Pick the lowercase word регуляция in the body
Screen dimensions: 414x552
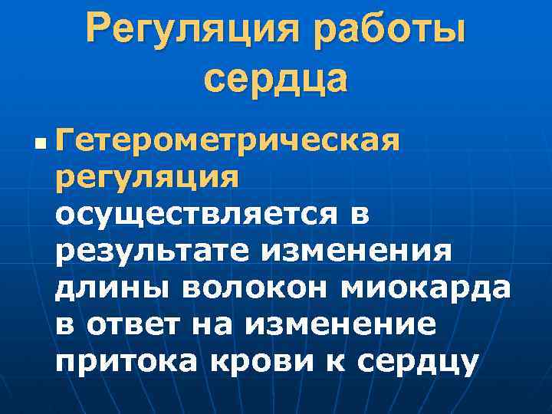point(147,179)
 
